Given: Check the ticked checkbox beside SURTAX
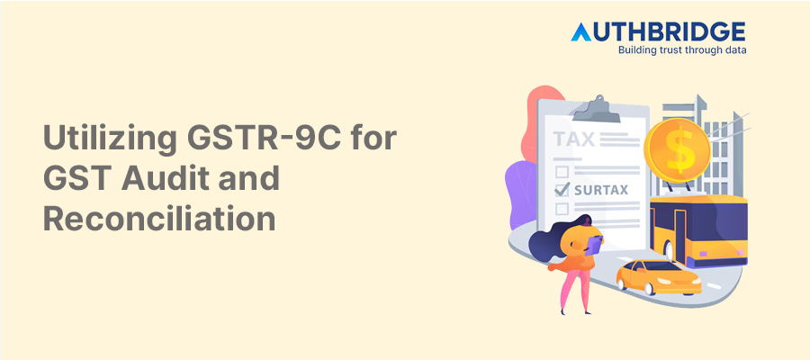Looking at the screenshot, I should [562, 189].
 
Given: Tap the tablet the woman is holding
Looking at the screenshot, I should [593, 241].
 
